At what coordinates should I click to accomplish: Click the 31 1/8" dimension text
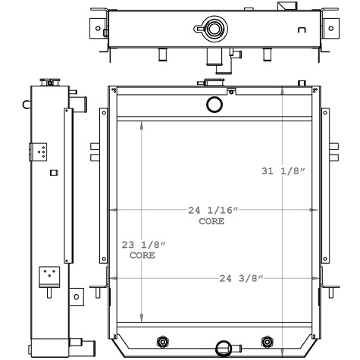(x=282, y=171)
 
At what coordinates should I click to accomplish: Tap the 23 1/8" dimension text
(x=143, y=244)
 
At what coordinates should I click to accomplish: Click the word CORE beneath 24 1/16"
(x=211, y=221)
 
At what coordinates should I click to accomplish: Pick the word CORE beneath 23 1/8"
(x=142, y=255)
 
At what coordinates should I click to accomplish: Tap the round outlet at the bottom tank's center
(x=224, y=348)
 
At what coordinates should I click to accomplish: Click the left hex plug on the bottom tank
(x=160, y=340)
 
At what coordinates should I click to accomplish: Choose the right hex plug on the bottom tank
(x=266, y=340)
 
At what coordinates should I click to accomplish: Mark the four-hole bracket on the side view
(x=40, y=152)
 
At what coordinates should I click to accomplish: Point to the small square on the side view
(x=52, y=173)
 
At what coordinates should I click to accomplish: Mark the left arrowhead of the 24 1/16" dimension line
(x=112, y=210)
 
